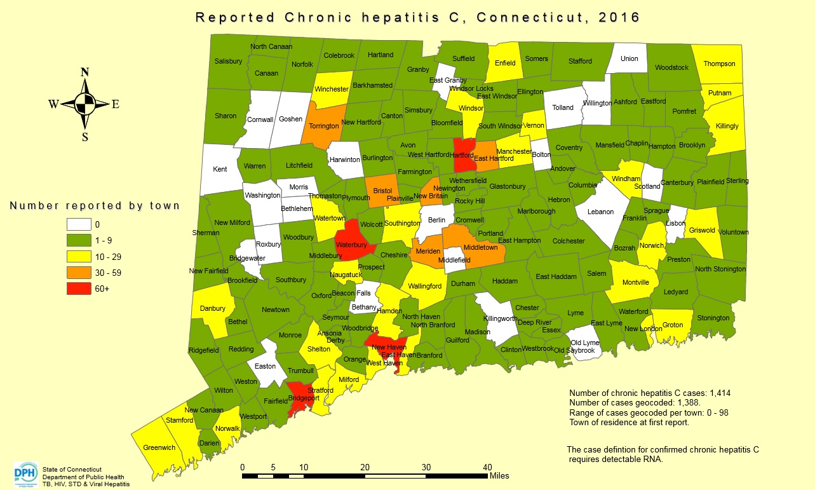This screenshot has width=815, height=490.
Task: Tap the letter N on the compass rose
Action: [x=84, y=72]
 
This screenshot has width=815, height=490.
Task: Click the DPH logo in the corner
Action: [x=25, y=473]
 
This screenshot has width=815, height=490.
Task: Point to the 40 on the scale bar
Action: [x=487, y=467]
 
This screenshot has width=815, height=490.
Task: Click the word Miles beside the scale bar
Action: [x=499, y=476]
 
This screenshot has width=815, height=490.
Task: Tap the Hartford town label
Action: [x=462, y=155]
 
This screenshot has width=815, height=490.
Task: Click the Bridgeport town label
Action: [x=303, y=398]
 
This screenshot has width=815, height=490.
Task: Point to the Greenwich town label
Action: [x=159, y=447]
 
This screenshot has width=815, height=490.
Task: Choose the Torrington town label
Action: [x=324, y=126]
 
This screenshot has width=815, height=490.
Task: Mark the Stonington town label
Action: [x=713, y=318]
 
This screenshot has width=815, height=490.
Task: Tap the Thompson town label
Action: [x=719, y=64]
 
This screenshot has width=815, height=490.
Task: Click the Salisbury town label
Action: [x=228, y=61]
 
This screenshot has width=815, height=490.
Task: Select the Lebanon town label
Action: [x=600, y=212]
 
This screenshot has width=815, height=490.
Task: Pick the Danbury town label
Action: [x=213, y=309]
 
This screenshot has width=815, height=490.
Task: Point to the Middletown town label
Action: [x=480, y=247]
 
